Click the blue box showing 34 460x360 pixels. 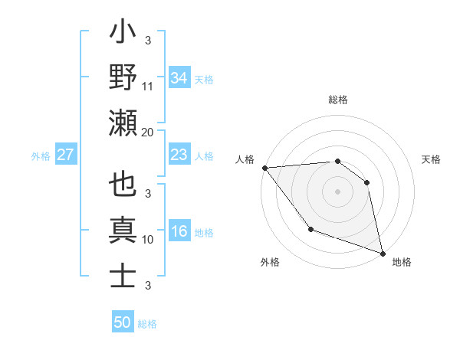coord(179,78)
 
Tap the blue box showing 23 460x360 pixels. coord(179,155)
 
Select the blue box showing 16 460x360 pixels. coord(179,232)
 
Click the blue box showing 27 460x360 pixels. coord(66,155)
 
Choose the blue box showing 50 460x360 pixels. coord(123,322)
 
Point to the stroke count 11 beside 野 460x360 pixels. coord(148,86)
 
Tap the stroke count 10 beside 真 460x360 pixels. coord(148,239)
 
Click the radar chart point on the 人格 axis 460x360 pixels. coord(264,167)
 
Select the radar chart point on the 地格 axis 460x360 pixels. coord(382,253)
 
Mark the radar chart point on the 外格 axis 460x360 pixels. coord(310,228)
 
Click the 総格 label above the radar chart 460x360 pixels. coord(338,100)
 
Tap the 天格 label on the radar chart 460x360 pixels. coord(432,159)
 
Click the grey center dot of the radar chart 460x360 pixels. coord(338,191)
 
